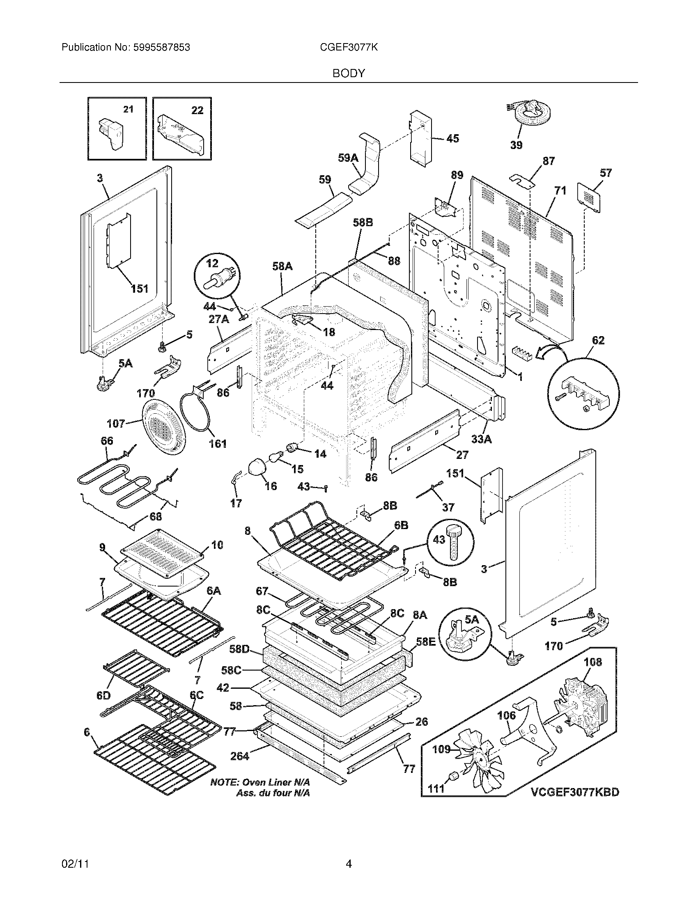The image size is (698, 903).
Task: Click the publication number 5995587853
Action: pos(162,48)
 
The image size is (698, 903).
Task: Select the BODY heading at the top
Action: pos(349,73)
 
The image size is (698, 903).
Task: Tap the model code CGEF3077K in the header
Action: pos(349,48)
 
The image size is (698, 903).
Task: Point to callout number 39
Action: pos(516,145)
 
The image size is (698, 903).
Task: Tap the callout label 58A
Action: pos(282,267)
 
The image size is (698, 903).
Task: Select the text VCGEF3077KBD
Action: pos(574,792)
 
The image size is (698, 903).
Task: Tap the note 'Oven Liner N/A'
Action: pos(260,782)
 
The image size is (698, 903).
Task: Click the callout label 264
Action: pos(239,756)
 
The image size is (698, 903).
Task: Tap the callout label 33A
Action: pos(482,439)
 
